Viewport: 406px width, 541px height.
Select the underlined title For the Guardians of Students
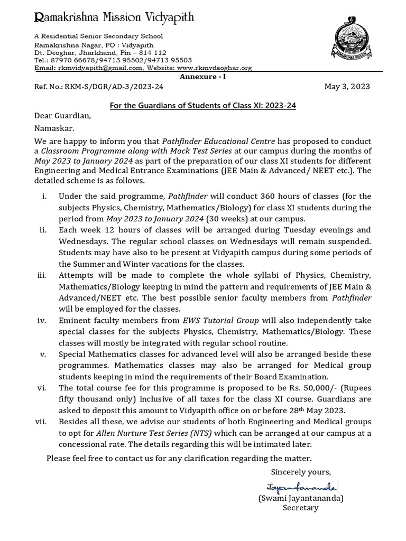[202, 105]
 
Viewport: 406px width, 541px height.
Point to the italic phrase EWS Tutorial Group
[213, 321]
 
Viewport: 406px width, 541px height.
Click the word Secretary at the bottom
[301, 508]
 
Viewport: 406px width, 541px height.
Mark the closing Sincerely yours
[301, 471]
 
